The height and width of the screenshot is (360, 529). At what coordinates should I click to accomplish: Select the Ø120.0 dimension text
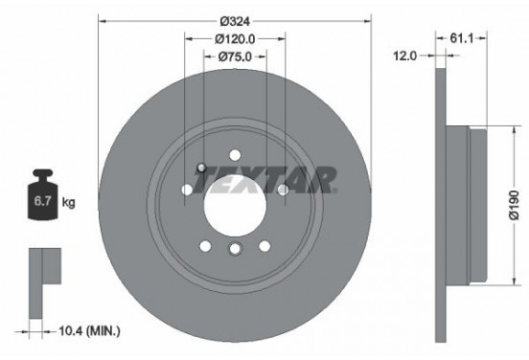[235, 39]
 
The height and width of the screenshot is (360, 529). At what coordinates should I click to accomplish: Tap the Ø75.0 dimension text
[235, 56]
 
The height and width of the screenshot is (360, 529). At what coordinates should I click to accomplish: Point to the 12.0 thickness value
[406, 56]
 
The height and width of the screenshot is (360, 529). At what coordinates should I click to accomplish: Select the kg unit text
[69, 204]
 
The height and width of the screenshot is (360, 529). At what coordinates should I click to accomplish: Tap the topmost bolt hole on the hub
[235, 153]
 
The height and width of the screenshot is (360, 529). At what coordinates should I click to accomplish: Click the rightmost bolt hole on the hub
[284, 190]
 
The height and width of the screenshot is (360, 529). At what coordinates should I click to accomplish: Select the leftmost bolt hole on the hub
[186, 190]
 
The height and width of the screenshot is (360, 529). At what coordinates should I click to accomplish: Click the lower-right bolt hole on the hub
[264, 246]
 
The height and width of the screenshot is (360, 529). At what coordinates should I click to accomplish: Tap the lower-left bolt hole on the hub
[205, 246]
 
